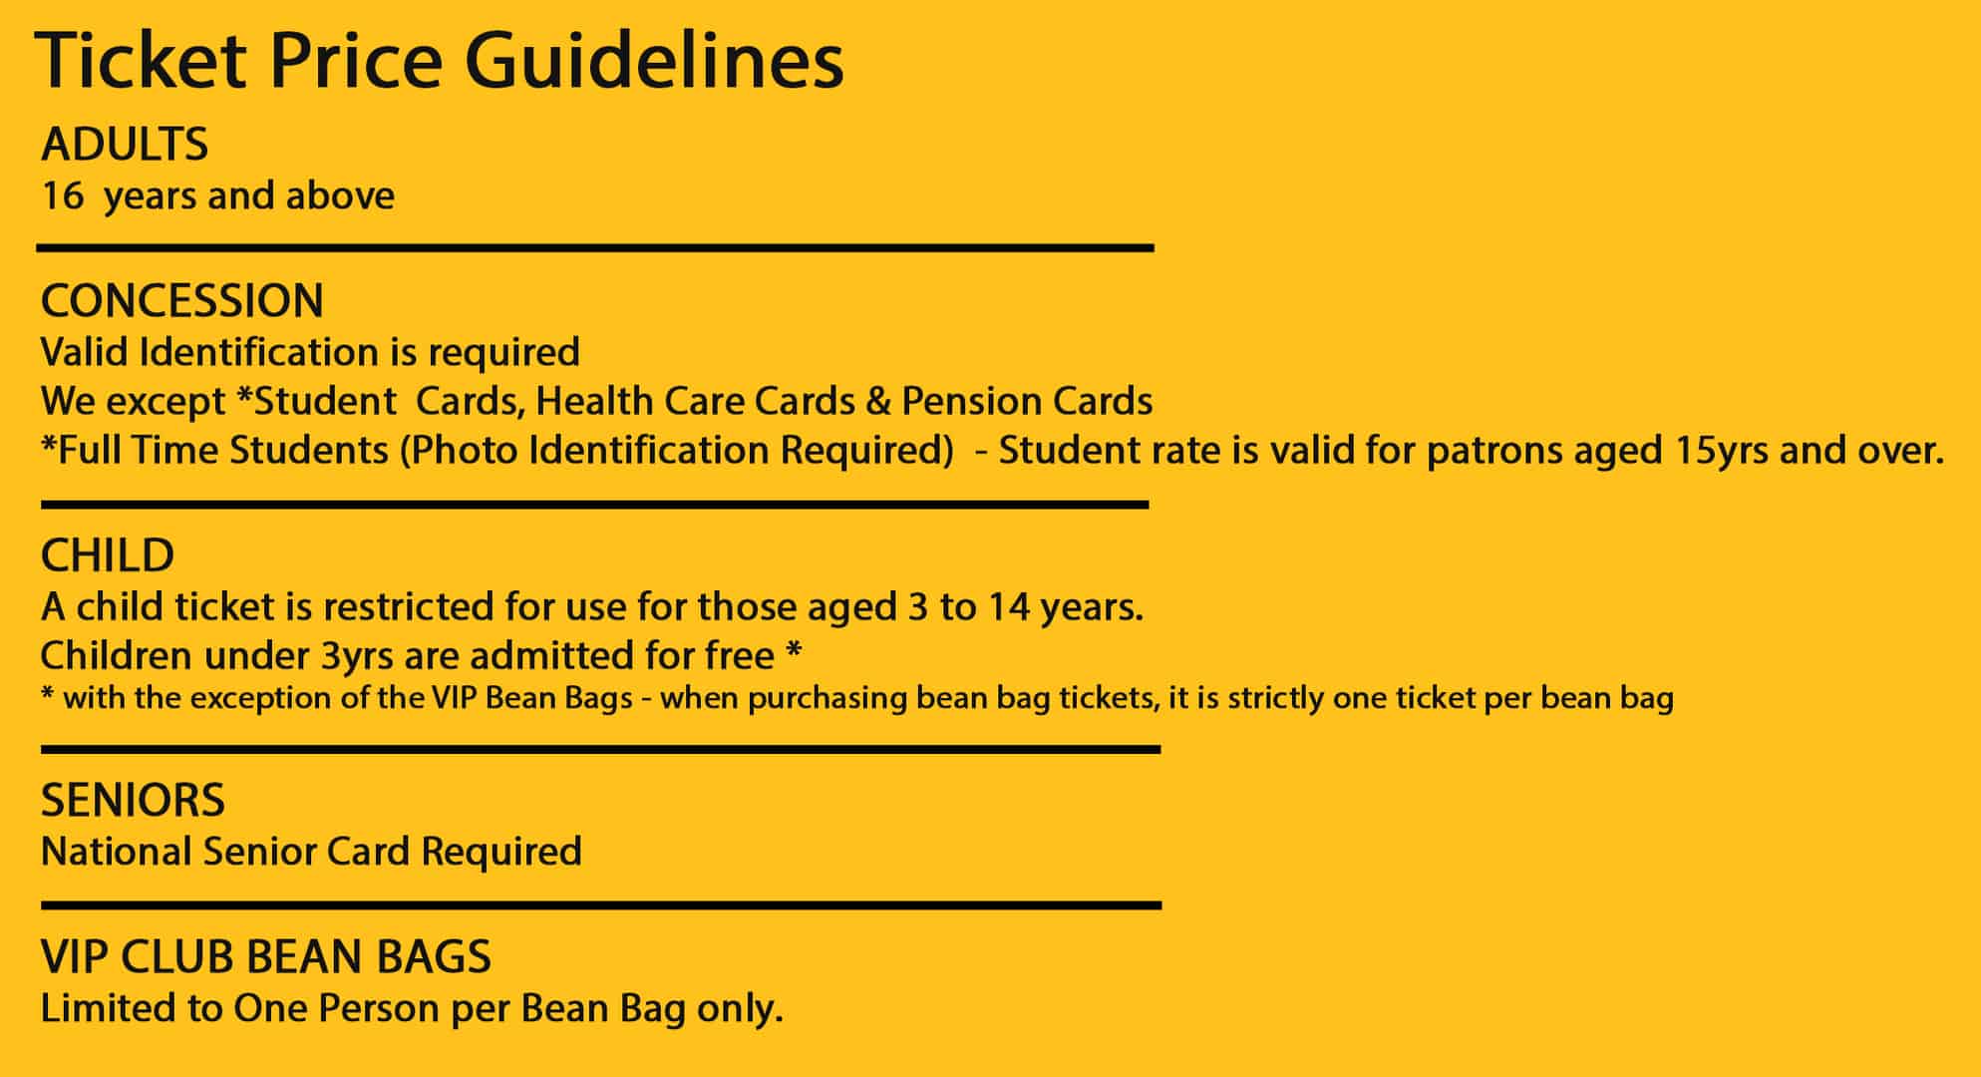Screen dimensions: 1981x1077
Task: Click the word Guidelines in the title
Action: [654, 62]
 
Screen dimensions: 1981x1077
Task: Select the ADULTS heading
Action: [125, 145]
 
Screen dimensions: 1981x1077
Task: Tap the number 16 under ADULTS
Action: [63, 196]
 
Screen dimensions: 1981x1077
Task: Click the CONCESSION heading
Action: [182, 300]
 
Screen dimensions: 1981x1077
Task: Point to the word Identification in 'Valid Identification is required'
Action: [258, 351]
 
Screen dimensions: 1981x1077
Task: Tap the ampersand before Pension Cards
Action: [878, 401]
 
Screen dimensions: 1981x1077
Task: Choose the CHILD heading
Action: [108, 555]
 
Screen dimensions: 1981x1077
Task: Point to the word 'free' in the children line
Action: [740, 656]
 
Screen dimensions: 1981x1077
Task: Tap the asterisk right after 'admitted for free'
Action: [794, 650]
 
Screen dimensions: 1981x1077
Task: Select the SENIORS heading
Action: [133, 800]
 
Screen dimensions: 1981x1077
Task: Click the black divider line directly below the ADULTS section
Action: [595, 247]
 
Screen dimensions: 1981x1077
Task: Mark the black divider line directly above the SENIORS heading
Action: [600, 749]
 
